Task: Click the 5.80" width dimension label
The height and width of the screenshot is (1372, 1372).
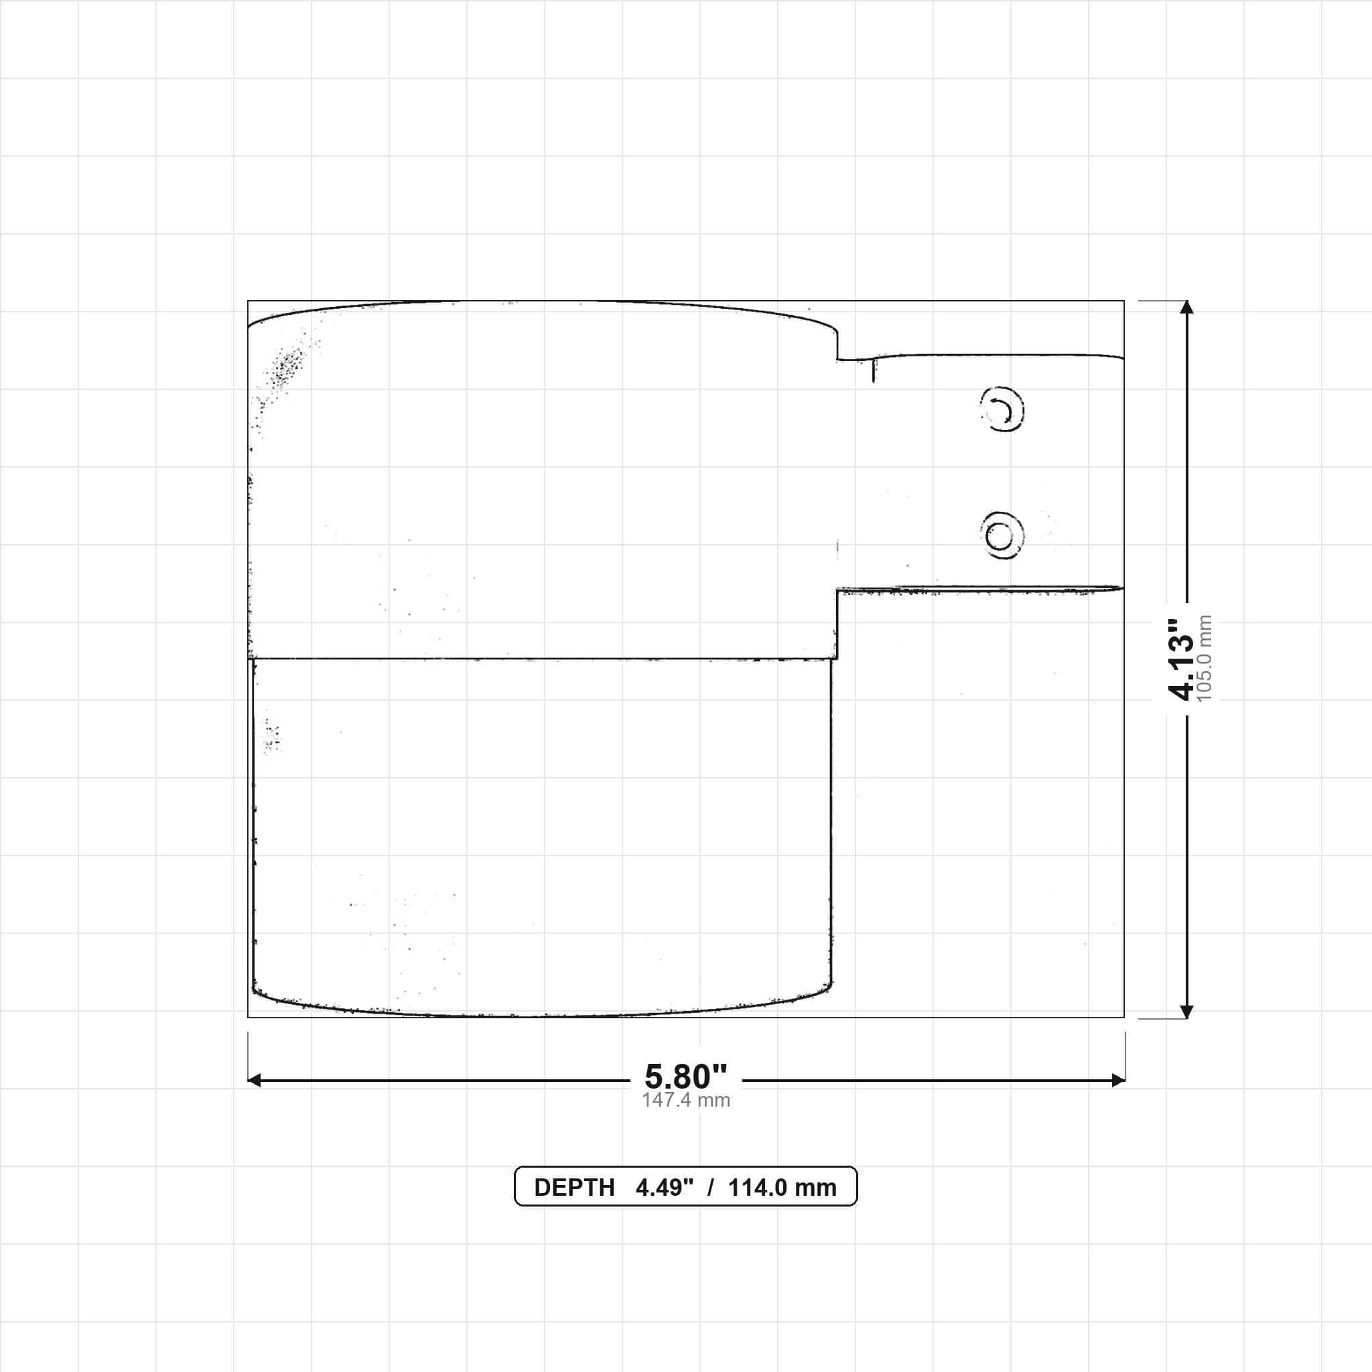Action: tap(686, 1077)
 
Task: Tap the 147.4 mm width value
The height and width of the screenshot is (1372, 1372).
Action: tap(686, 1100)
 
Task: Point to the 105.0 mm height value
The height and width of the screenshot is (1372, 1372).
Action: tap(1205, 659)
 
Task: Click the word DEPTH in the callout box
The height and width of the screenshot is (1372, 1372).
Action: tap(574, 1187)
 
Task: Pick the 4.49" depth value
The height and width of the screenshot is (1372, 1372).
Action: tap(664, 1187)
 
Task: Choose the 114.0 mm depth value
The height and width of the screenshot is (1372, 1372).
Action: tap(782, 1187)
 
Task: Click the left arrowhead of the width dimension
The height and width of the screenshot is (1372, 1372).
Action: tap(254, 1080)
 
